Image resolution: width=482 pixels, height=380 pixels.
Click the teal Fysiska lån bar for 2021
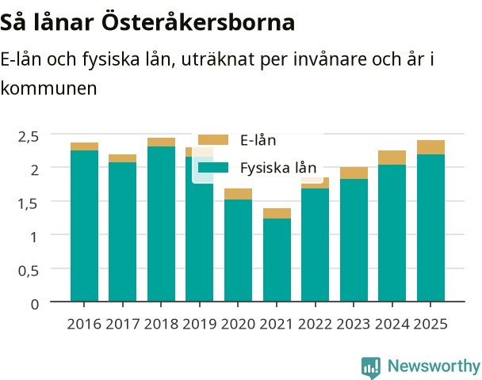277,260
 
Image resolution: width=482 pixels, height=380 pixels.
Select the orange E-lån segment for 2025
430,147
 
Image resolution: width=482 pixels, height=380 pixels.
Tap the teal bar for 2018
162,224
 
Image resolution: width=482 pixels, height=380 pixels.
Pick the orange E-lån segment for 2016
85,146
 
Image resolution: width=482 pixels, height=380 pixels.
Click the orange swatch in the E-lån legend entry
213,139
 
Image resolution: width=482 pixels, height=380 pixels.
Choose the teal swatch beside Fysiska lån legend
213,168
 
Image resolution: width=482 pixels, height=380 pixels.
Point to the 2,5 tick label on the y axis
29,137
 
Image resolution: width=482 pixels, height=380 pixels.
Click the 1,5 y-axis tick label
29,203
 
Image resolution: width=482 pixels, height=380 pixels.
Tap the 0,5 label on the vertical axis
29,271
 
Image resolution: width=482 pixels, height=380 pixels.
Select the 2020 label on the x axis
239,324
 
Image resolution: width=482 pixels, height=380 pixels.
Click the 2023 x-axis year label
354,324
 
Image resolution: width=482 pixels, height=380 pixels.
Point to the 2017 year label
123,324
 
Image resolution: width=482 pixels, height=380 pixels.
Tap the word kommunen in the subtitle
49,89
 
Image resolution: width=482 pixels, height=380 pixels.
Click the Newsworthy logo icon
371,367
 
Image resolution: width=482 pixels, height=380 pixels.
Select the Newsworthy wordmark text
434,367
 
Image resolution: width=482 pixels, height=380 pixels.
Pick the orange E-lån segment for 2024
392,158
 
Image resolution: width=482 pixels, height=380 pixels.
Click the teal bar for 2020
239,250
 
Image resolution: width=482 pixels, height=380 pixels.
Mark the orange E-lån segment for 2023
354,173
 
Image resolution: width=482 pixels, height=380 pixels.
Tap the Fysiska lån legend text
278,168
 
